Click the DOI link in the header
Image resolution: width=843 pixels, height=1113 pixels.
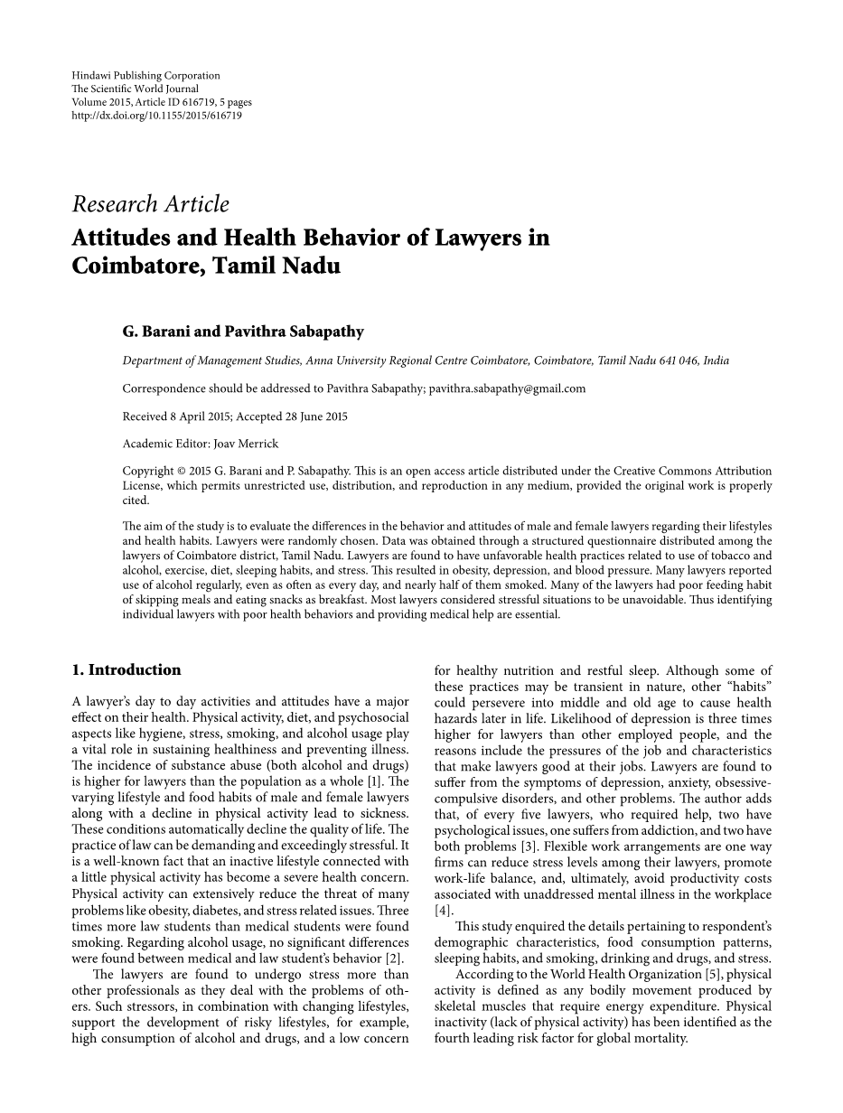click(156, 116)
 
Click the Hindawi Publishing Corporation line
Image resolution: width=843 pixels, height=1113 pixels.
click(145, 76)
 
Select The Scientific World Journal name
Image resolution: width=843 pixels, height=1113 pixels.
click(136, 89)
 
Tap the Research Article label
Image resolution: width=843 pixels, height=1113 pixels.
click(151, 205)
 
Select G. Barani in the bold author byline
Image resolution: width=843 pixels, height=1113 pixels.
click(157, 332)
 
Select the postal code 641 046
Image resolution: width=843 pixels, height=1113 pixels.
click(679, 360)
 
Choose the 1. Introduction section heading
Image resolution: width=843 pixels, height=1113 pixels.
click(126, 670)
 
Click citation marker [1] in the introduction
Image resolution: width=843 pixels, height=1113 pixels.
click(375, 781)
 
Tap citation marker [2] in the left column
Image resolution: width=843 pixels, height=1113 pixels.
click(394, 959)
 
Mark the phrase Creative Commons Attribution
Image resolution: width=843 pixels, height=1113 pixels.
click(687, 472)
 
